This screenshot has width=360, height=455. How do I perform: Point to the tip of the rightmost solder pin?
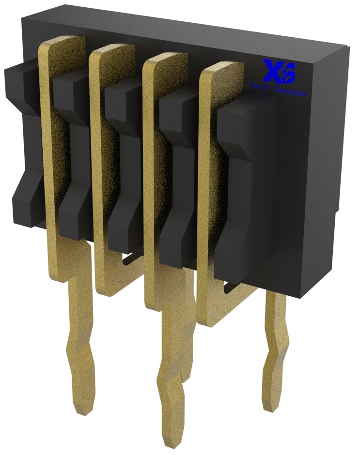pos(270,406)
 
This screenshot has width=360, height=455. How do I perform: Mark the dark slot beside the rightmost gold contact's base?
pos(237,289)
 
